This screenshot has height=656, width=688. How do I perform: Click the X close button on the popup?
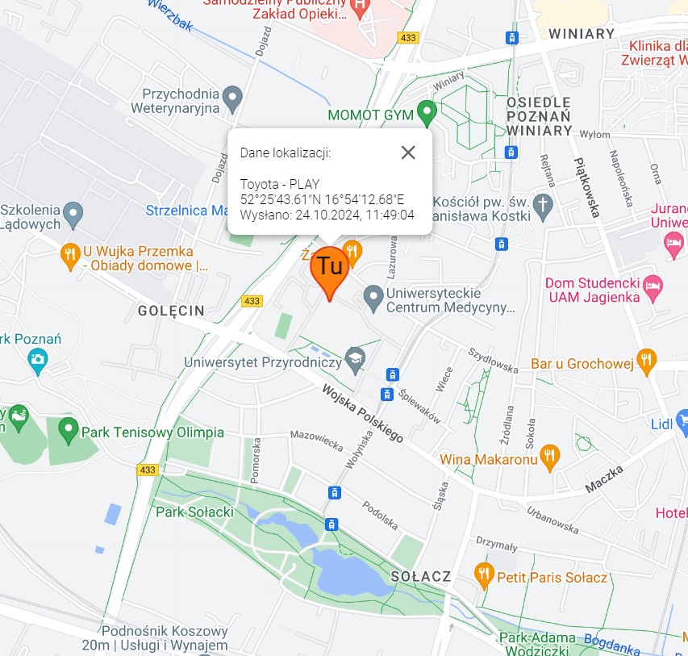[x=408, y=153]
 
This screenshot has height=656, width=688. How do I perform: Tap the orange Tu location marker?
[x=329, y=270]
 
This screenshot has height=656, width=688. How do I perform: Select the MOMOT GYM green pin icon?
[x=426, y=113]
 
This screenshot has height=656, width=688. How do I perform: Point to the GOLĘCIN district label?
[x=171, y=311]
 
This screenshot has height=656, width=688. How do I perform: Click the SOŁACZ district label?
[x=419, y=577]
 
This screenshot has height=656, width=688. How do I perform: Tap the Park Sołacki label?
[x=194, y=512]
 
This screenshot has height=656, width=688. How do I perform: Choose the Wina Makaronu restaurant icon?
[x=549, y=457]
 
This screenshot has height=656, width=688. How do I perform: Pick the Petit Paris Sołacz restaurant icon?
[x=483, y=575]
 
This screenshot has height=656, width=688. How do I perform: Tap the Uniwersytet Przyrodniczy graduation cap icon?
[x=355, y=359]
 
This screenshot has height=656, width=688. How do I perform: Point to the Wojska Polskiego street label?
[x=363, y=413]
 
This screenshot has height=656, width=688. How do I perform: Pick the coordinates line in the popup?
[x=322, y=199]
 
